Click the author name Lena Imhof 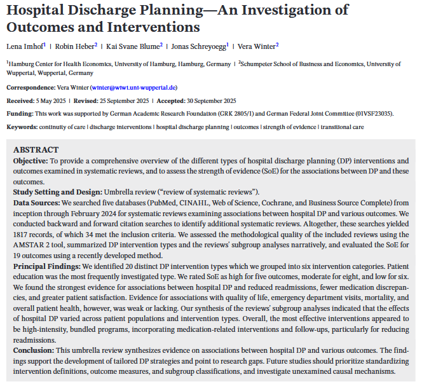(x=25, y=46)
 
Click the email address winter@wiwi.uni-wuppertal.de (x=133, y=87)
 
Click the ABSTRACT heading (x=36, y=150)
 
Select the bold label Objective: (x=31, y=161)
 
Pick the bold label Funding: (x=20, y=113)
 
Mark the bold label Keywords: (x=23, y=127)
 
